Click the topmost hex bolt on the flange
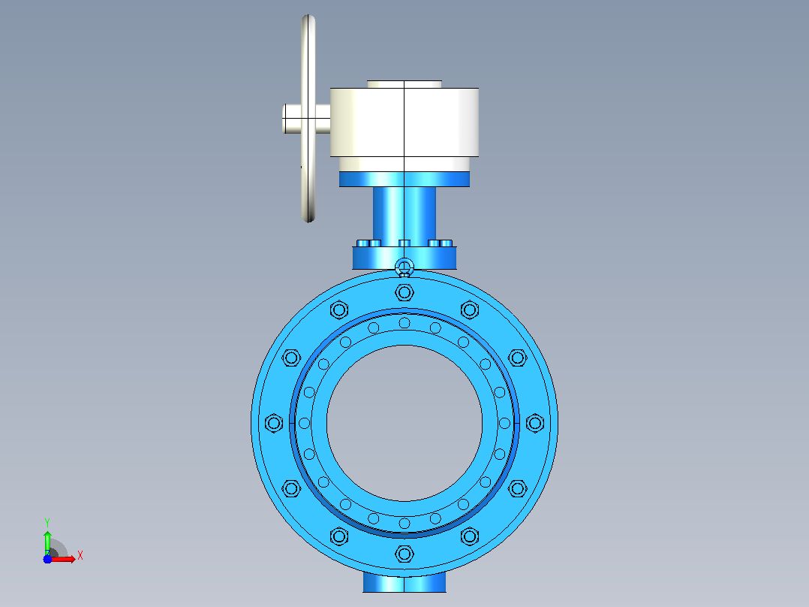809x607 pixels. tap(404, 292)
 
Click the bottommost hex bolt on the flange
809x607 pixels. tap(404, 554)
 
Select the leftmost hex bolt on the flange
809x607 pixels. tap(273, 423)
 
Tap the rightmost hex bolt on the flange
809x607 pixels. tap(535, 423)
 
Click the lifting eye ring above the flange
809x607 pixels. tap(404, 267)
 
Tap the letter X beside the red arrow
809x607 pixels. tap(80, 556)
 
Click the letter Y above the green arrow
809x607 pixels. tap(47, 523)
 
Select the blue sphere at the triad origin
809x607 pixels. tap(47, 559)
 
